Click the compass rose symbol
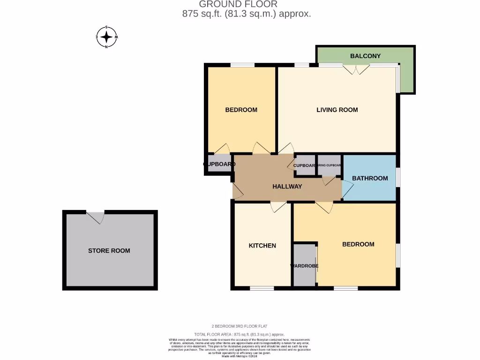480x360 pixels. tap(107, 37)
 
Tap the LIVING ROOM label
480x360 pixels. tap(337, 110)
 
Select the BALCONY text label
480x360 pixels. tap(365, 56)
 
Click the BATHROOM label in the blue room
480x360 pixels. tap(370, 178)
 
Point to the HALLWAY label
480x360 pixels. tap(287, 186)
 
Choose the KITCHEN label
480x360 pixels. tap(262, 246)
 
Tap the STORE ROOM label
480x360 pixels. tap(109, 251)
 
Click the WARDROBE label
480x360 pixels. tap(304, 266)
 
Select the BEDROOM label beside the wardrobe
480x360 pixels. tap(358, 244)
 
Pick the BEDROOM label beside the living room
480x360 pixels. tap(241, 110)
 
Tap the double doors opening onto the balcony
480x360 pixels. tap(355, 69)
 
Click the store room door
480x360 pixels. tap(96, 217)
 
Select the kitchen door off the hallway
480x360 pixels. tap(278, 206)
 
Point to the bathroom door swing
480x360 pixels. tap(347, 188)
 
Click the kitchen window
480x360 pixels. tap(262, 288)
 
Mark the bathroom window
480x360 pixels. tap(398, 178)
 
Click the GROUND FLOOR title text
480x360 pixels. tap(238, 4)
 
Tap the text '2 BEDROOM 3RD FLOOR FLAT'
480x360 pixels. tap(239, 326)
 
